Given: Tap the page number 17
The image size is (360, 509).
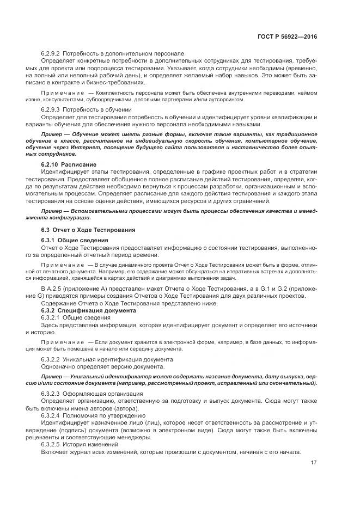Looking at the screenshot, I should (314, 463).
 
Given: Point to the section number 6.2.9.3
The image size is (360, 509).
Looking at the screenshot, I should (51, 109).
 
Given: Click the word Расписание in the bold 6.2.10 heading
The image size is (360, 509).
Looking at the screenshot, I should (79, 164).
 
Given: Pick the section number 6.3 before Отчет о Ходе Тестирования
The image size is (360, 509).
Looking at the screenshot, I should (45, 229).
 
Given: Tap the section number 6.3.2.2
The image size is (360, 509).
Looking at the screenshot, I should (51, 359).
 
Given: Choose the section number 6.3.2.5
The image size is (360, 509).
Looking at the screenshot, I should (51, 444).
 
